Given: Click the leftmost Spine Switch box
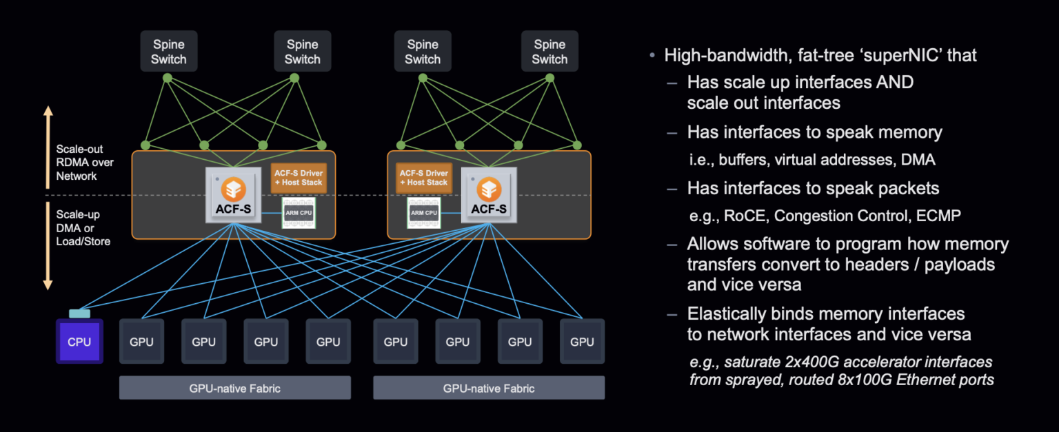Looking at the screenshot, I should pyautogui.click(x=168, y=52).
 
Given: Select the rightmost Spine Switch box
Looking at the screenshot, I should pyautogui.click(x=549, y=52).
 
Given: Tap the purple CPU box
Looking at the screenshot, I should pyautogui.click(x=79, y=342).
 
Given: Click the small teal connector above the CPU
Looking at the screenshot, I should pyautogui.click(x=79, y=313).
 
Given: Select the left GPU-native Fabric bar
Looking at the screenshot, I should pyautogui.click(x=234, y=388).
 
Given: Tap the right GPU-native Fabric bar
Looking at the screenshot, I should pyautogui.click(x=489, y=388).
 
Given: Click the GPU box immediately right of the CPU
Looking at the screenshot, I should pyautogui.click(x=141, y=342).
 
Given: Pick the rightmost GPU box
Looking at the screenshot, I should pyautogui.click(x=582, y=342).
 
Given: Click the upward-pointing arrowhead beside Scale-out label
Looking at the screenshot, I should pyautogui.click(x=48, y=112).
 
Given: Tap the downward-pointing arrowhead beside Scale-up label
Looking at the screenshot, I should pyautogui.click(x=48, y=284).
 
